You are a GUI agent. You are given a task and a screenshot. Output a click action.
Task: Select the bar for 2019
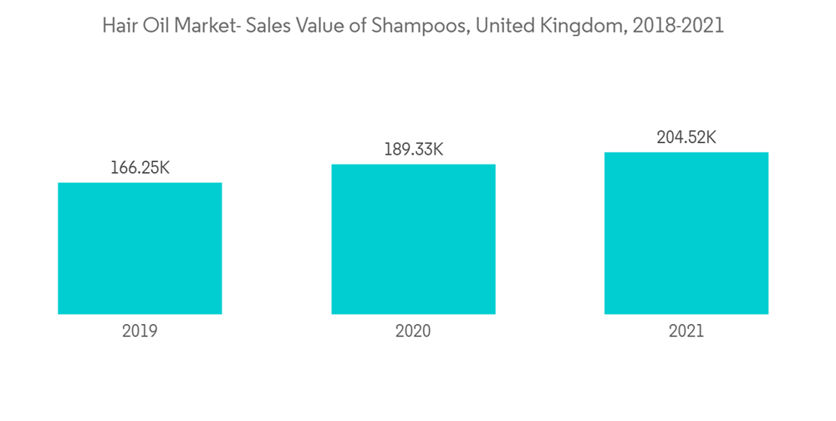tap(140, 248)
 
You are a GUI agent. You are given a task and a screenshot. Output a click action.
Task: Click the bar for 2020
tap(413, 239)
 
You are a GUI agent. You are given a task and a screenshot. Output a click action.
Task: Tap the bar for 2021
tap(686, 233)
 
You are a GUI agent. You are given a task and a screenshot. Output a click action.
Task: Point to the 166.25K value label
tap(140, 168)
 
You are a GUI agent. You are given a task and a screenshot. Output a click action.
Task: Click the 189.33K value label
tap(413, 150)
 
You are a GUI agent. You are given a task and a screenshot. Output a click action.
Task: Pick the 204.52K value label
tap(686, 138)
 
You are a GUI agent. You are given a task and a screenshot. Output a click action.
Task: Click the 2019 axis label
tap(140, 331)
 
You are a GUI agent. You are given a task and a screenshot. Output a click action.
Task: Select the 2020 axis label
tap(413, 331)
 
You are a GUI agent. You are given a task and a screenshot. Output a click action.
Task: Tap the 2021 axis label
tap(686, 331)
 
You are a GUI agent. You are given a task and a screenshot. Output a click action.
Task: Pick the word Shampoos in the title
tap(417, 26)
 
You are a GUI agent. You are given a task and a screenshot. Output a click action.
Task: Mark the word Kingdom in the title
tap(577, 26)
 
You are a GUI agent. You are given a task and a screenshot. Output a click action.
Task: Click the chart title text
tap(413, 26)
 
